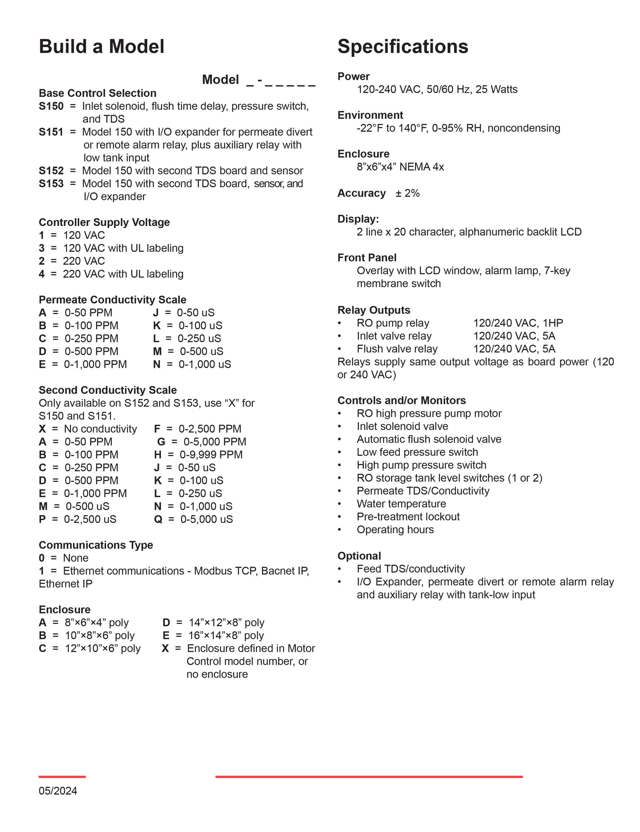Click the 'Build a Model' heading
(102, 47)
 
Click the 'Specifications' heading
(403, 47)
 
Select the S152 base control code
(51, 171)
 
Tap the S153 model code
(51, 184)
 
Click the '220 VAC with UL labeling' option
(123, 274)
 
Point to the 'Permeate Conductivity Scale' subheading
(112, 300)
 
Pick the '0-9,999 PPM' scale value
(211, 455)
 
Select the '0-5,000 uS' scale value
(207, 519)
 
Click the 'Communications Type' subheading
(96, 545)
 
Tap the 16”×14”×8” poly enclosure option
(226, 635)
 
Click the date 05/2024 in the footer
(58, 791)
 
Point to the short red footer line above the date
(62, 777)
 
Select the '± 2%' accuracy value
(407, 193)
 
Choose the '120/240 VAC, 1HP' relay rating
(518, 323)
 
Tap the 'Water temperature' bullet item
(401, 504)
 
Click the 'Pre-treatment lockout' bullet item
(408, 517)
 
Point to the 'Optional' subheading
(359, 556)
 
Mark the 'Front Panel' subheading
(367, 258)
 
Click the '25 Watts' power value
(496, 89)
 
